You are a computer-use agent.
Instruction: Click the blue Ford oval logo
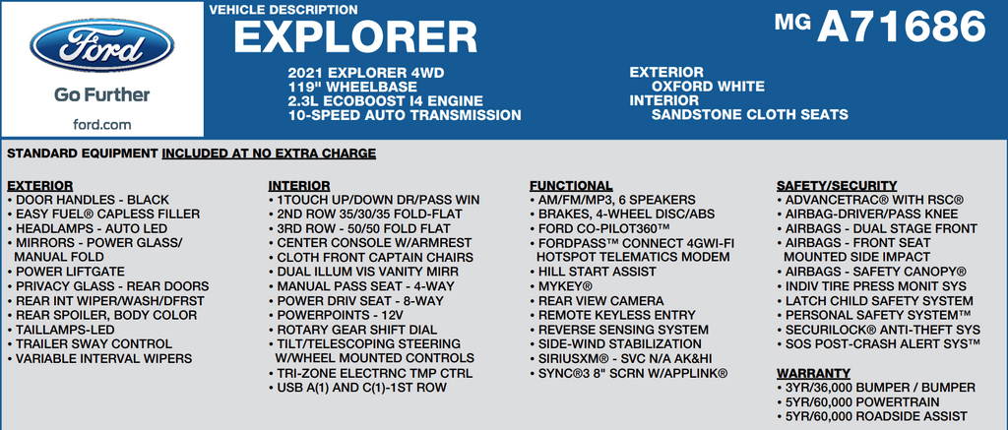(101, 45)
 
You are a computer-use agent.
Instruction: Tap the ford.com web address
(101, 124)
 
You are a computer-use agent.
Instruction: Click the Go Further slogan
(101, 95)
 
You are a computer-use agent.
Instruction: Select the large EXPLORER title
(355, 36)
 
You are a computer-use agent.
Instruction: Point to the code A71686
(901, 27)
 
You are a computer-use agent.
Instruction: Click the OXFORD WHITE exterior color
(708, 87)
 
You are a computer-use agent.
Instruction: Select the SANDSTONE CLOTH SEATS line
(749, 114)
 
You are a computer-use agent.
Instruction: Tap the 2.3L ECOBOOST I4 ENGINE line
(386, 101)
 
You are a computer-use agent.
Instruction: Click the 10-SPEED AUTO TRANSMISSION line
(405, 115)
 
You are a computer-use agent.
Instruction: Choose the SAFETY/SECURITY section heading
(837, 186)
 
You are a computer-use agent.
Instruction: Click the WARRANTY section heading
(813, 374)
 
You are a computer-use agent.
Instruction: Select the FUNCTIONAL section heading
(571, 186)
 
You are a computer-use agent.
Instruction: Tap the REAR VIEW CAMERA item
(597, 301)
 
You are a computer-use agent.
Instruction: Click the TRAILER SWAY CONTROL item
(90, 343)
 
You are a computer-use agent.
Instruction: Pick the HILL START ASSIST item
(593, 272)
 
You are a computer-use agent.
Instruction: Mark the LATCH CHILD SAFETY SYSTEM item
(875, 301)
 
